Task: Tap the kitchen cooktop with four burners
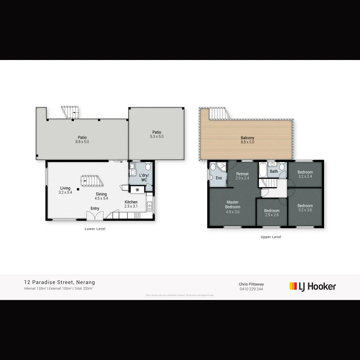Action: tap(137, 215)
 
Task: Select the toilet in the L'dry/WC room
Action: tap(148, 166)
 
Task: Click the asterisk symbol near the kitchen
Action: tap(137, 190)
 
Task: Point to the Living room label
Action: tap(65, 188)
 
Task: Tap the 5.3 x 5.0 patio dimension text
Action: tap(157, 137)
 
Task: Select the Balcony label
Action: tap(247, 138)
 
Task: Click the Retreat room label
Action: tap(242, 174)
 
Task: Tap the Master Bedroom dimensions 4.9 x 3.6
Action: tap(232, 212)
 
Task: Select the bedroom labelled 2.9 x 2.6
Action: tap(272, 213)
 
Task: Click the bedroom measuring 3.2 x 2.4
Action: tap(305, 174)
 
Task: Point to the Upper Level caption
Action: tap(271, 237)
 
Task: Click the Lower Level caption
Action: tap(95, 229)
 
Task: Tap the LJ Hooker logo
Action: tap(312, 286)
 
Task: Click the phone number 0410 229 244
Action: tap(251, 289)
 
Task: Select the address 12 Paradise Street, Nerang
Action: tap(59, 282)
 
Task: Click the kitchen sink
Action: tap(150, 207)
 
